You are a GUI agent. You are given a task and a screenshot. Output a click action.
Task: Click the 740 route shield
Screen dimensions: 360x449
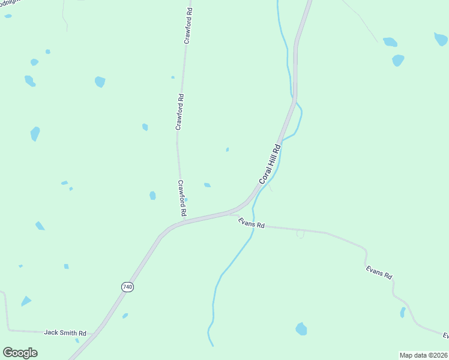127,287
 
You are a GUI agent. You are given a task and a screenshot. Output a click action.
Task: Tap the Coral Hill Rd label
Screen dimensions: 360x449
270,164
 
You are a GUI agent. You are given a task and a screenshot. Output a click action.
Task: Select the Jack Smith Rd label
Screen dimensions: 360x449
65,332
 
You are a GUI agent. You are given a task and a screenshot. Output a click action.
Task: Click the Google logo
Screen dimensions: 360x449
20,353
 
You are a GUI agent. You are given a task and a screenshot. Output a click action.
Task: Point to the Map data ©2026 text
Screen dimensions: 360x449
423,355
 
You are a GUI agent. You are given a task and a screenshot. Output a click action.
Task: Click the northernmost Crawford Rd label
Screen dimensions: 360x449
188,26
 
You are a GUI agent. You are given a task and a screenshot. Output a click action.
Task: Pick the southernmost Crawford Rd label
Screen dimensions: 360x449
182,199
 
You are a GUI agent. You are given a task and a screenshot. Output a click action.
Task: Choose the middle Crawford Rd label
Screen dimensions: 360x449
179,112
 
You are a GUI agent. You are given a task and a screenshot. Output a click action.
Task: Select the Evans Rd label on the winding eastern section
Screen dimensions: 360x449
379,272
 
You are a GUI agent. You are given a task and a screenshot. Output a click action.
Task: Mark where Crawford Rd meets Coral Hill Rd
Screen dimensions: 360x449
184,221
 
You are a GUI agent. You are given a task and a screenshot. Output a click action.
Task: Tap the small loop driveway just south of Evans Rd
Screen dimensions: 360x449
300,234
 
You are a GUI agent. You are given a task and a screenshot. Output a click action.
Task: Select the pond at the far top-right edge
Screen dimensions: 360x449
441,40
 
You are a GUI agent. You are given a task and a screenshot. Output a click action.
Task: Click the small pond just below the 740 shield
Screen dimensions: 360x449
125,316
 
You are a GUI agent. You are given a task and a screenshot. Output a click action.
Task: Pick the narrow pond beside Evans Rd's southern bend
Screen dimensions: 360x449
403,312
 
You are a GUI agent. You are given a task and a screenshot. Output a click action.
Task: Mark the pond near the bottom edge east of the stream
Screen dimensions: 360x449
301,329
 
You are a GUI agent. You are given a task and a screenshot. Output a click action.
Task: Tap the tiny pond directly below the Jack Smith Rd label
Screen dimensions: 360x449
77,341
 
